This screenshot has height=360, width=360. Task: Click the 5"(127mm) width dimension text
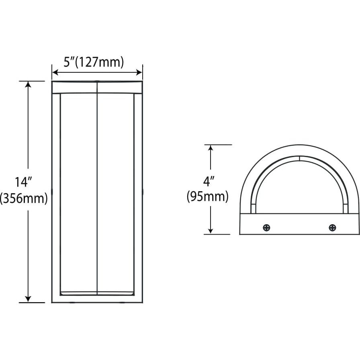click(x=94, y=62)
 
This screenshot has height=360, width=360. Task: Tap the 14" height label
click(x=23, y=182)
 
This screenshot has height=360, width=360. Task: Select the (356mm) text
click(x=24, y=198)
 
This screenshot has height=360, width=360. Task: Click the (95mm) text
click(x=207, y=197)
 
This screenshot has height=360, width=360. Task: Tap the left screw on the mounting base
click(x=266, y=228)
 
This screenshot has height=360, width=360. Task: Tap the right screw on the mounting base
click(x=332, y=228)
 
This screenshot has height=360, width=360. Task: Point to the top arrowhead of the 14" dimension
click(x=28, y=84)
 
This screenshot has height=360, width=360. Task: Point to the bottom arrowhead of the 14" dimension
click(x=28, y=299)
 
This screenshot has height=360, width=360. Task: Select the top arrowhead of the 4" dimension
click(x=210, y=148)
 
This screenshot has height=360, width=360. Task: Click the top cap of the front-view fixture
click(x=97, y=87)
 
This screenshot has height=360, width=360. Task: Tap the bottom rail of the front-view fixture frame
click(x=97, y=299)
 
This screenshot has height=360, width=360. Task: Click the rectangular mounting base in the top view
click(x=299, y=224)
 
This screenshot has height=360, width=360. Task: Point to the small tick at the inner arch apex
click(x=299, y=158)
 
